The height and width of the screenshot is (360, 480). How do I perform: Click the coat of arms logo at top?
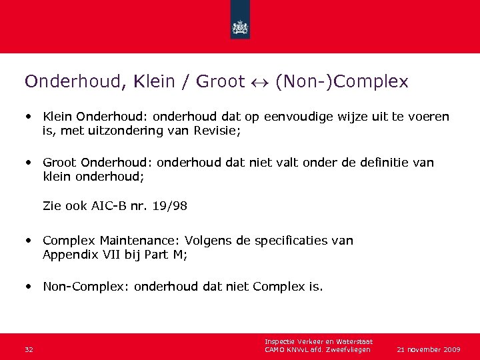pos(240,27)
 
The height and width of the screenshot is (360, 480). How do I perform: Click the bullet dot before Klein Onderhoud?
pos(30,116)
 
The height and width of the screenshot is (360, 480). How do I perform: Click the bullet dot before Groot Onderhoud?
pos(30,161)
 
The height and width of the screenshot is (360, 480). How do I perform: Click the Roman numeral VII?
pos(104,253)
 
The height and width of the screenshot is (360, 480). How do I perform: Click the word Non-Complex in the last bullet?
pos(85,288)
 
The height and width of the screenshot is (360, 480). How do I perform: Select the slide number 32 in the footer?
pos(28,349)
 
